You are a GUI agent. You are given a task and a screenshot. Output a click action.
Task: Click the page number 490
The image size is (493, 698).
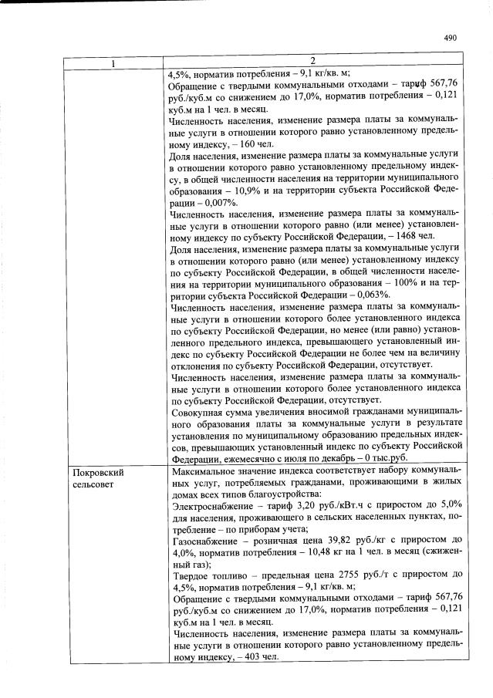pyautogui.click(x=451, y=37)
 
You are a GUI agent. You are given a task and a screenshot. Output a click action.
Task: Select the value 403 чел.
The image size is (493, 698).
pyautogui.click(x=255, y=657)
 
